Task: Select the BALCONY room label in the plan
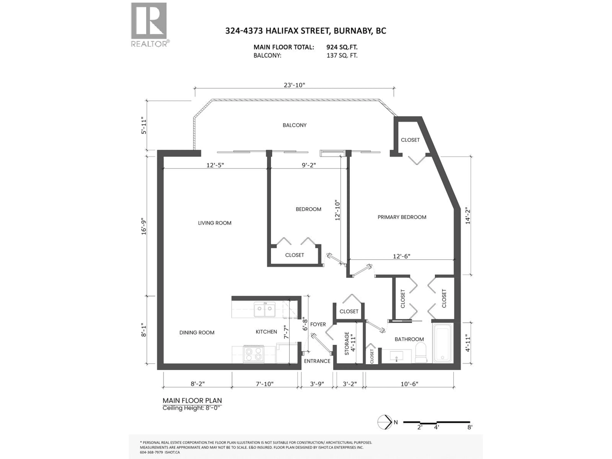[294, 125]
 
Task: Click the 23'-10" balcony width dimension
[294, 85]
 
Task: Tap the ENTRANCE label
[317, 361]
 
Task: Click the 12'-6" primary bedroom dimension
[401, 256]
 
